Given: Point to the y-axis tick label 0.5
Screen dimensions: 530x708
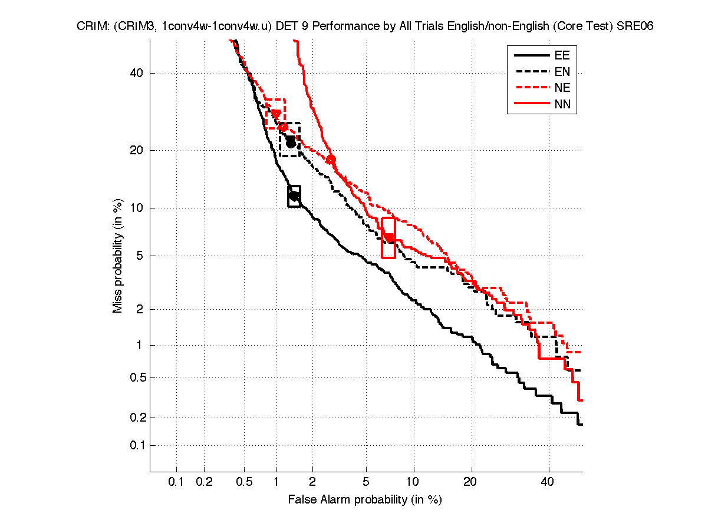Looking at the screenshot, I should pos(136,377).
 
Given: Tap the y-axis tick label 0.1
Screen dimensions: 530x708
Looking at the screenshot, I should pos(136,445).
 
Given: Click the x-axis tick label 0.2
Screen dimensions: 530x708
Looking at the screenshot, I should pos(204,482).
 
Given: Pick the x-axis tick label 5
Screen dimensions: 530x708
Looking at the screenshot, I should pos(366,482).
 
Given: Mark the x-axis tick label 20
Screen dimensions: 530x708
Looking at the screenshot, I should pos(470,482).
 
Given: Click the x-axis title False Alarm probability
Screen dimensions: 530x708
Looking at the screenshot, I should pos(364,500).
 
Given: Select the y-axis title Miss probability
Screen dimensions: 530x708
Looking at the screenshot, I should pos(118,256).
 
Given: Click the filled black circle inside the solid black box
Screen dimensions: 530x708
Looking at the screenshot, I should pos(294,196).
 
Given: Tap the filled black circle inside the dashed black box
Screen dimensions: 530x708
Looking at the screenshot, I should pos(291,143).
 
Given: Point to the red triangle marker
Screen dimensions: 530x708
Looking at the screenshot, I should pos(276,114).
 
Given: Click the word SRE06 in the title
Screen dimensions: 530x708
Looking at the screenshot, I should pos(635,26).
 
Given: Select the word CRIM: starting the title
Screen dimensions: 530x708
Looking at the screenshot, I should pos(91,26).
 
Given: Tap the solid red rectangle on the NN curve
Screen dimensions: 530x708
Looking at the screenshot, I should pos(388,237).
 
